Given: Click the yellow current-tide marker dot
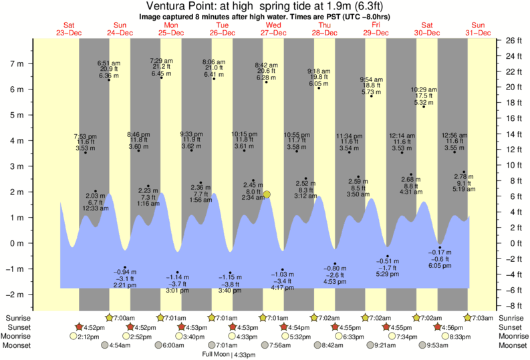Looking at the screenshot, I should click(267, 194).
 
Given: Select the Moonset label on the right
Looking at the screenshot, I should click(512, 346).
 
